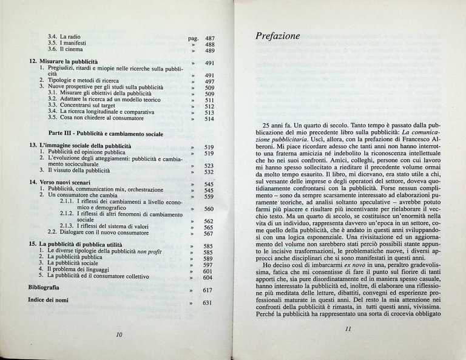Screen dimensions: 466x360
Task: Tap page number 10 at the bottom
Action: (118, 335)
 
